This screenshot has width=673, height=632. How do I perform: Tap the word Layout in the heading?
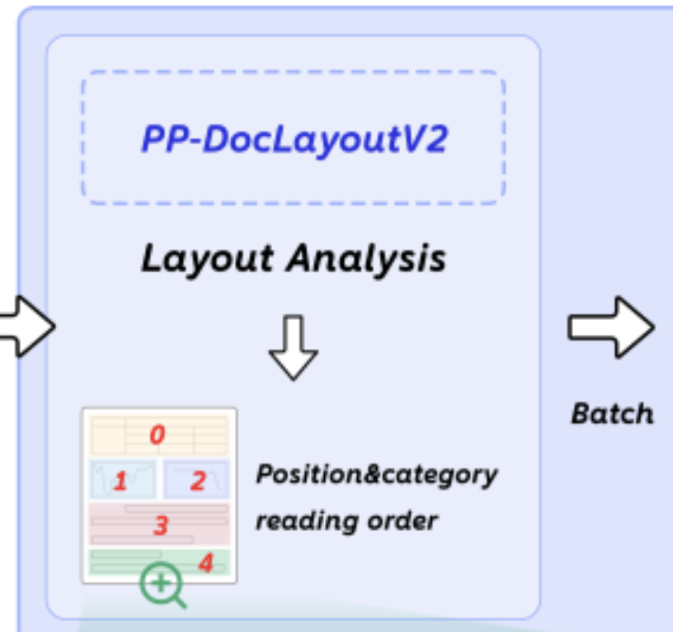click(207, 259)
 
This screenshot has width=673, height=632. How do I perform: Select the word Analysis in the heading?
click(365, 259)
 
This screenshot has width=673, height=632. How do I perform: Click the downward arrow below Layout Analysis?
click(294, 348)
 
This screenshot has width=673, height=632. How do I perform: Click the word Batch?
click(612, 413)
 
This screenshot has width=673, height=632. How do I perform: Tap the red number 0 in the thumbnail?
click(157, 433)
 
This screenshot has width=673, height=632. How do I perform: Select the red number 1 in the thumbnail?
click(120, 481)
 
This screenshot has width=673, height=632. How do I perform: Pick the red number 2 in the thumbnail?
click(198, 481)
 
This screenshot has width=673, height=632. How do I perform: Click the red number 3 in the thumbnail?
click(161, 524)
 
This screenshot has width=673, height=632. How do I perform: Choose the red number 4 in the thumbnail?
click(206, 563)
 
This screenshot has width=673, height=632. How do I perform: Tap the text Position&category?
click(376, 475)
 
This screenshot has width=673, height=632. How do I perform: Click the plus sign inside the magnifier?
click(160, 582)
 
